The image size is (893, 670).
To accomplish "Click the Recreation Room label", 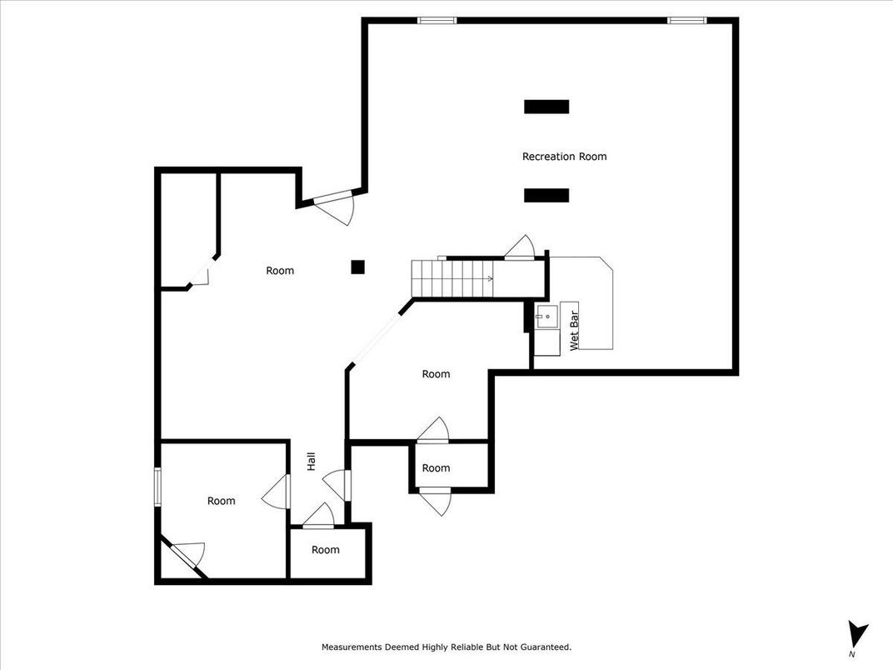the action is (x=565, y=156).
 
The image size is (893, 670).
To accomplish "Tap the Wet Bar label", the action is (x=574, y=331).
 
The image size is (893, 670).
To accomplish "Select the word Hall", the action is (x=312, y=462).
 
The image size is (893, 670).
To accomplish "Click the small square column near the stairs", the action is (x=357, y=267).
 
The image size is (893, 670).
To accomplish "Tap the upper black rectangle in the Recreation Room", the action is (x=546, y=107).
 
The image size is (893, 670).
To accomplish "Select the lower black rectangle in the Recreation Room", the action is (x=546, y=195).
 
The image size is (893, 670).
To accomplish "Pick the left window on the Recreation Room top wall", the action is (x=437, y=21).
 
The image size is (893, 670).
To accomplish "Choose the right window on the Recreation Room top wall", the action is (x=687, y=21).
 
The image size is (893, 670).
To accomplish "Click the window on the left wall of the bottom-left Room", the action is (x=157, y=487).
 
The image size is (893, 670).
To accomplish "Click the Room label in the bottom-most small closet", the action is (x=325, y=550).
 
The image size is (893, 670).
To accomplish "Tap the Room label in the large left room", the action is (x=280, y=271).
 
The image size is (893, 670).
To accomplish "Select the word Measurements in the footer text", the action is (x=352, y=647).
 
